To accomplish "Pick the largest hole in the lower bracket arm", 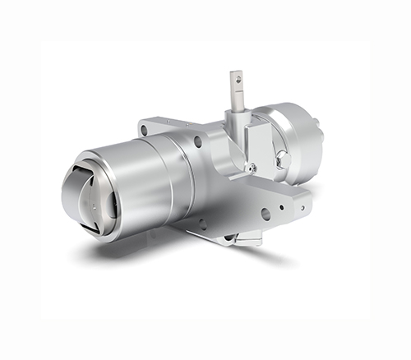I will coord(266,214).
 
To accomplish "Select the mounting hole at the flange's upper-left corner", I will coord(145,130).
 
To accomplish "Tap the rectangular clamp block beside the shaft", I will coord(261,140).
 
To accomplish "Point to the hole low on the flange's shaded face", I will coord(200,222).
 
